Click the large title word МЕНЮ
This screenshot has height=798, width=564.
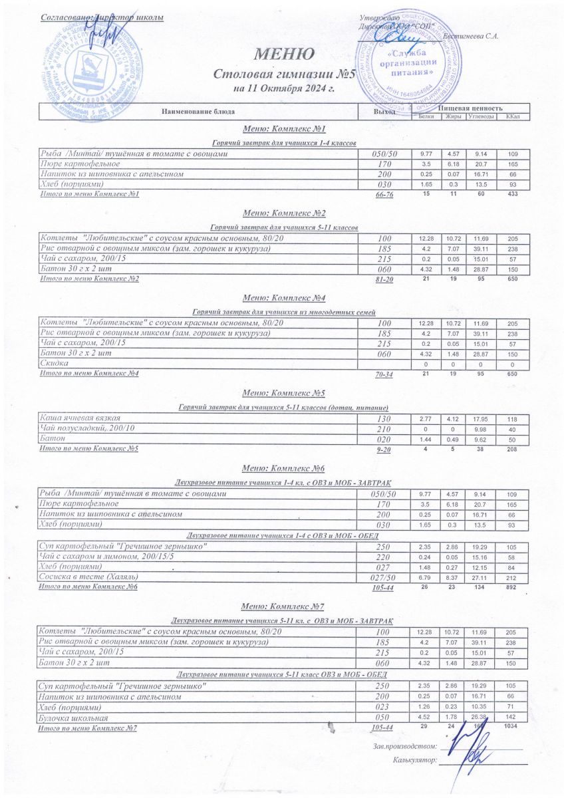[283, 54]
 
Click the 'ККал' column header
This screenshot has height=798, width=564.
[512, 117]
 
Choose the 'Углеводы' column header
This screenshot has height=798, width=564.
[480, 117]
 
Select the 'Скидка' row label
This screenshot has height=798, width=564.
[55, 364]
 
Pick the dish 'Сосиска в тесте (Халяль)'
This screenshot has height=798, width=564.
[94, 577]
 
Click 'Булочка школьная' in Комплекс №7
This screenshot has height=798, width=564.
[74, 718]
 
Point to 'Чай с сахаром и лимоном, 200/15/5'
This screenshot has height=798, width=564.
[106, 556]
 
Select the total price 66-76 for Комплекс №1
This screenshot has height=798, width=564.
[385, 195]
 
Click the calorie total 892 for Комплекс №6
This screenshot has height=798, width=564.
[511, 588]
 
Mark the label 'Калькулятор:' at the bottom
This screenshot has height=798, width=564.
[415, 759]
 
